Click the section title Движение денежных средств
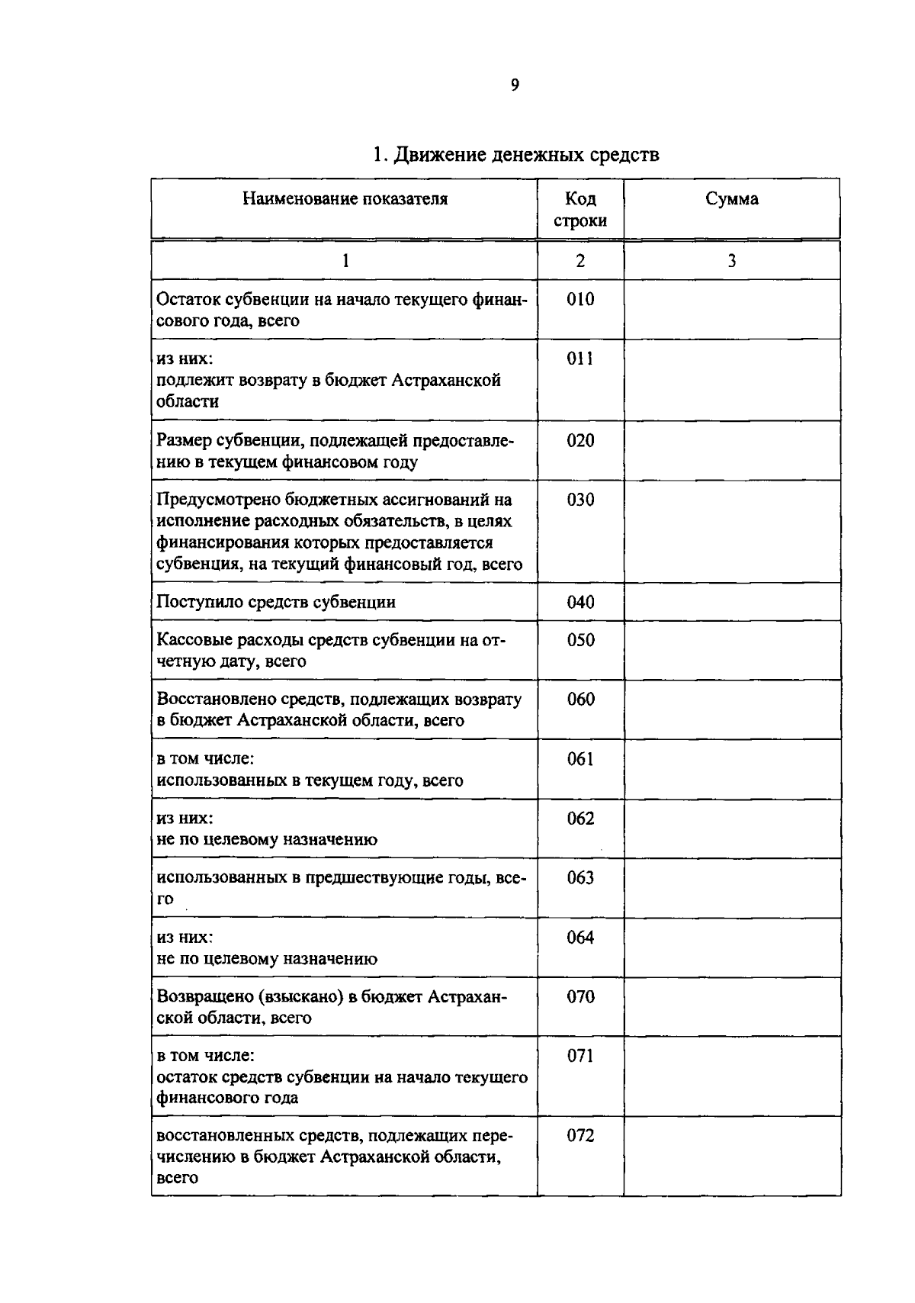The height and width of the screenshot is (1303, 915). click(515, 155)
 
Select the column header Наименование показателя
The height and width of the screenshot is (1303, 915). click(345, 199)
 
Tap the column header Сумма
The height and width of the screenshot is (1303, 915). click(731, 199)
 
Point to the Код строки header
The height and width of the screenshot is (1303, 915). click(580, 210)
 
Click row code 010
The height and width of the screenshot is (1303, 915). click(580, 299)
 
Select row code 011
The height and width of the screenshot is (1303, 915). click(580, 359)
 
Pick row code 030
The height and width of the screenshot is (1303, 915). click(580, 500)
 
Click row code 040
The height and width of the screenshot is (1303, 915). click(580, 602)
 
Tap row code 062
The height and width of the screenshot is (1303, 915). click(580, 819)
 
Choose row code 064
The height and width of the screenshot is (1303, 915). click(580, 938)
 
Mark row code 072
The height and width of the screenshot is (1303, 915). click(580, 1135)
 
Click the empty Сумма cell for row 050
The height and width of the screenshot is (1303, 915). click(732, 650)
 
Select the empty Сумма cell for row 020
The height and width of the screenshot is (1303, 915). click(732, 450)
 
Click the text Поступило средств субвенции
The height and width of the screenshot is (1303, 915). click(276, 602)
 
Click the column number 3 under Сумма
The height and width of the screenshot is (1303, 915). click(731, 261)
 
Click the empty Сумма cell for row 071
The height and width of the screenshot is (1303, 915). click(732, 1076)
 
